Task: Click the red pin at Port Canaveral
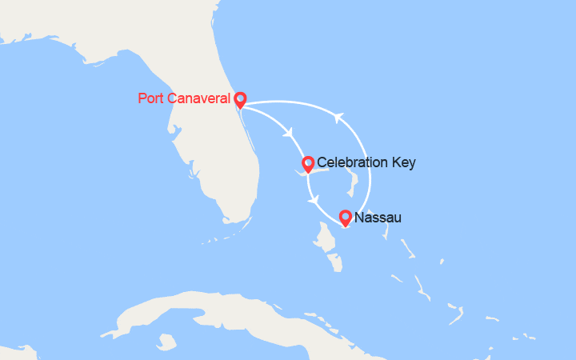point(239,99)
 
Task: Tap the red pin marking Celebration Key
point(307,164)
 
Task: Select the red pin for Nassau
point(345,217)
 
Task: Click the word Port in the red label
point(151,99)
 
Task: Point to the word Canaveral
point(200,99)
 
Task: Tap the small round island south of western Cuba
point(166,342)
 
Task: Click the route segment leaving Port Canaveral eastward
point(280,102)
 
